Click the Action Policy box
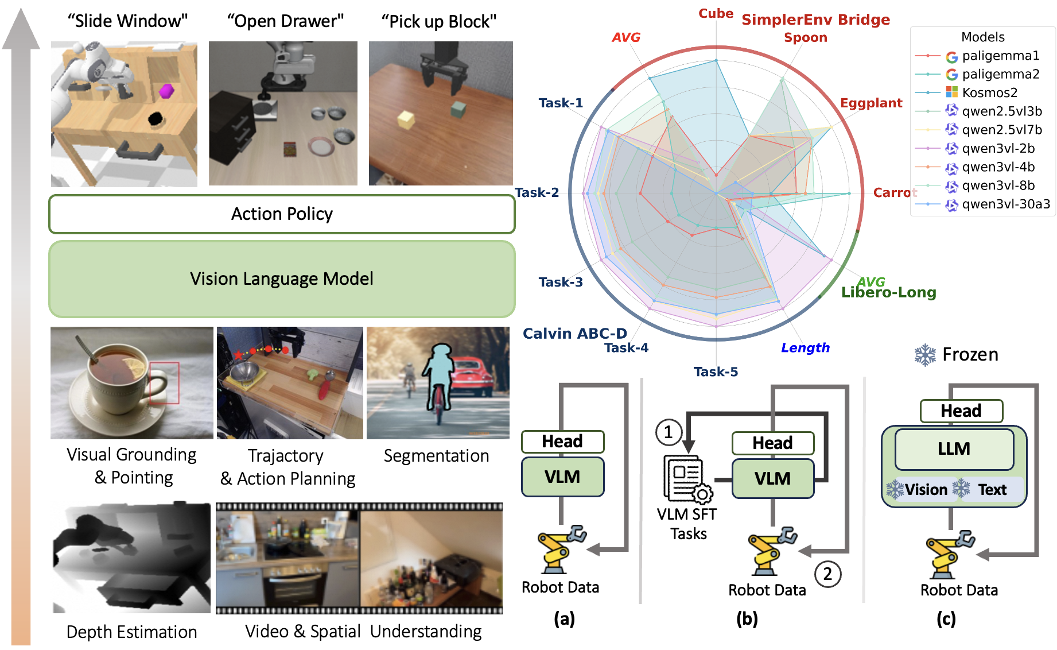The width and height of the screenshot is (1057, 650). (282, 214)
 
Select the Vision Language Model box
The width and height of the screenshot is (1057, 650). (282, 279)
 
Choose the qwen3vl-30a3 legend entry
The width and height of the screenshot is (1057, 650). (982, 204)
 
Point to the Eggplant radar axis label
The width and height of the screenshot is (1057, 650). (871, 103)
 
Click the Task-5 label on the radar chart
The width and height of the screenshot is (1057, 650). (716, 372)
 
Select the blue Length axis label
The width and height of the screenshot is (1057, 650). (805, 348)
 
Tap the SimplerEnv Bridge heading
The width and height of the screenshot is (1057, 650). (815, 20)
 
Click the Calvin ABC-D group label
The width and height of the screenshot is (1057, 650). (574, 334)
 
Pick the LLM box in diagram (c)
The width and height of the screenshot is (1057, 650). (954, 449)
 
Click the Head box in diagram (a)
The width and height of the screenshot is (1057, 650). (562, 442)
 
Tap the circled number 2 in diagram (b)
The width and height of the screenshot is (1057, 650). (827, 574)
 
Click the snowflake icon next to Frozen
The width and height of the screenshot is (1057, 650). (925, 355)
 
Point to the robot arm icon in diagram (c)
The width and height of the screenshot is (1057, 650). (950, 555)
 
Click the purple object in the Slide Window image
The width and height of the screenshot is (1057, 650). (166, 90)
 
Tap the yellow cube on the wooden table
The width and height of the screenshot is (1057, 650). (406, 119)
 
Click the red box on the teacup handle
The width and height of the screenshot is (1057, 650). (164, 383)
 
